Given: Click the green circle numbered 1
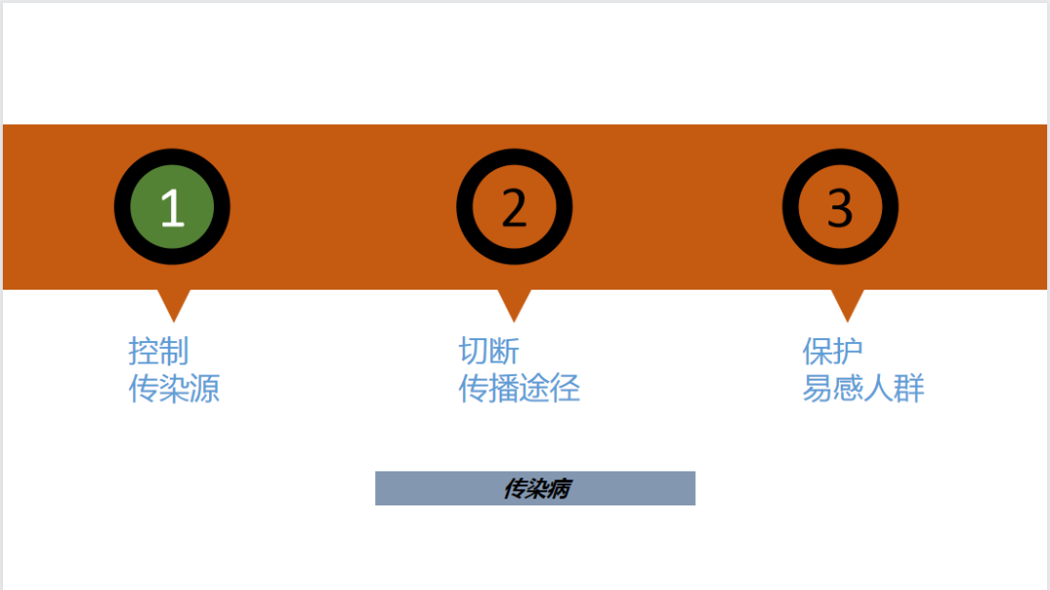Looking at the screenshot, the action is click(172, 206).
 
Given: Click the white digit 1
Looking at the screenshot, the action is click(172, 207).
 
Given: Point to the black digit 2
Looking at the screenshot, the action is click(514, 207).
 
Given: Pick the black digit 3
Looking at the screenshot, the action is click(840, 207).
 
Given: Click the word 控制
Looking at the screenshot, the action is click(158, 351).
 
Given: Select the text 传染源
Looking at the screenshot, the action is click(174, 389).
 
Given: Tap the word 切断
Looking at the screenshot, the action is click(489, 351).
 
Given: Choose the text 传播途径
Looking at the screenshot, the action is click(519, 389).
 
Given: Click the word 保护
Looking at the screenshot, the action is click(832, 351).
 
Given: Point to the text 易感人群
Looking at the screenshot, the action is click(863, 389).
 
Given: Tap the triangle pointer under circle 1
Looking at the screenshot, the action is click(174, 303).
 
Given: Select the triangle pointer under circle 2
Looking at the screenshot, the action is click(514, 303).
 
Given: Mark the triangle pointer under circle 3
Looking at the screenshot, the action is click(848, 303).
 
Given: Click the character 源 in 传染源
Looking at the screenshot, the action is click(205, 389).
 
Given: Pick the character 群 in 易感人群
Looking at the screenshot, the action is click(910, 389).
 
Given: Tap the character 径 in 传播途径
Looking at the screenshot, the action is click(565, 389).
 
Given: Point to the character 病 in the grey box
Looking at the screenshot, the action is click(558, 488).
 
